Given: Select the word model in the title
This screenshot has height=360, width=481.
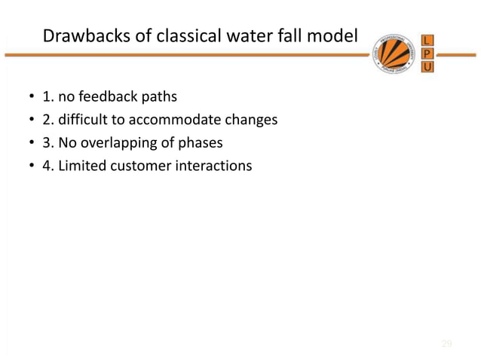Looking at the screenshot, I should (329, 36).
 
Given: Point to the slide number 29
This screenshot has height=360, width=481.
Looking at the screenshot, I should (446, 344).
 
